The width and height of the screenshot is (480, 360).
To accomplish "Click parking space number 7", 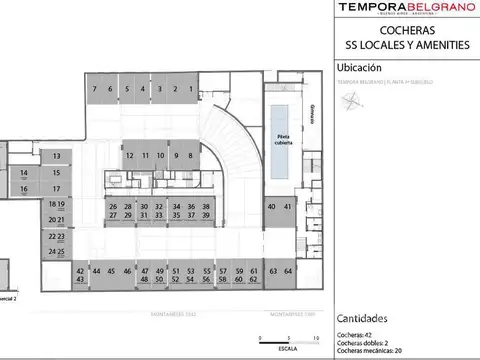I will point(94,89).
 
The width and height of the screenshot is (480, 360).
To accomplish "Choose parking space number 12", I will point(130,156).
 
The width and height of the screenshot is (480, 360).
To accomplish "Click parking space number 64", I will point(288,271).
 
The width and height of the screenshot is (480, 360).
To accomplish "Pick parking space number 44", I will point(96,271).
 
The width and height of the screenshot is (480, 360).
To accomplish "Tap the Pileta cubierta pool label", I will point(283,140).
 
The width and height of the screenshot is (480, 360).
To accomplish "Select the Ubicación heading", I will point(360,68).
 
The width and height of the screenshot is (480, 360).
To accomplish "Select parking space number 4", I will point(143,89).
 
